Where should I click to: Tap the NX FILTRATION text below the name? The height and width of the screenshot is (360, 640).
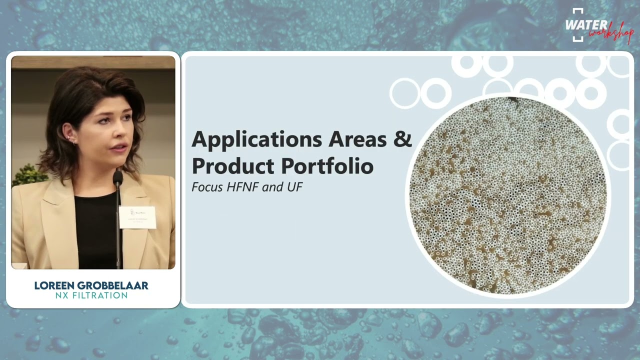click(x=91, y=295)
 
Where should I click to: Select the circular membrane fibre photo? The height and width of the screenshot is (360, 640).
click(x=507, y=195)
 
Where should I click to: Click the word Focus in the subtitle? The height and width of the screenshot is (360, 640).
click(x=208, y=187)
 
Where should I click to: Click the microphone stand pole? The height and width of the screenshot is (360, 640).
click(x=118, y=230)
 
